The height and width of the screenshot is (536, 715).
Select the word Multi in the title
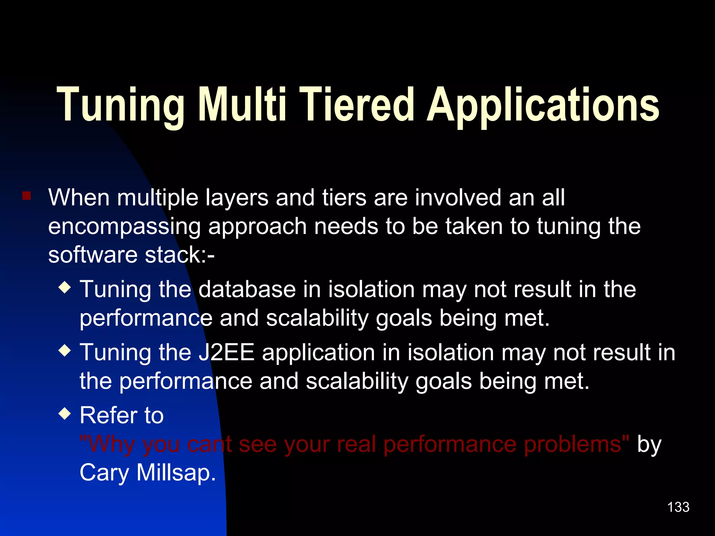[242, 105]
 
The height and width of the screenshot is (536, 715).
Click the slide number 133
[678, 507]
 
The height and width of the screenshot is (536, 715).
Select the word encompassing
[124, 227]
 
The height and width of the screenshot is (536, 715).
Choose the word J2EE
[226, 352]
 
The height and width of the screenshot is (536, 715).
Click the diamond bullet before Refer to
[65, 414]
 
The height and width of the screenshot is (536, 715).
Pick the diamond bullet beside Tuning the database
[65, 288]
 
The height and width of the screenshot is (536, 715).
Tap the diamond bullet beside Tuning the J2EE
[65, 350]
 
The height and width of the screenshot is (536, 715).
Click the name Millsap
[176, 473]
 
